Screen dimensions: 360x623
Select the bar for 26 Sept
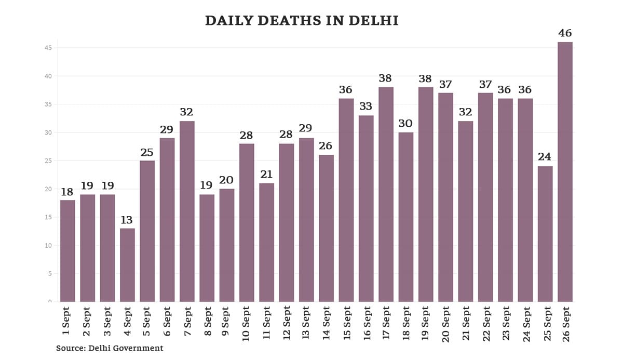point(565,171)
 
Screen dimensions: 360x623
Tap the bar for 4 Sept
point(127,265)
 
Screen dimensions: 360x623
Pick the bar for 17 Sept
point(386,194)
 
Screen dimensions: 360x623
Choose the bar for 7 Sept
point(187,211)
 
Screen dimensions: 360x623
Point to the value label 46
point(565,33)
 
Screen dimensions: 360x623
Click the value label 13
point(127,220)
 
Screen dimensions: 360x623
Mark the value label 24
point(545,157)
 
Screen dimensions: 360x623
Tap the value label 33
point(366,106)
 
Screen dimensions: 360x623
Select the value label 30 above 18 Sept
point(405,124)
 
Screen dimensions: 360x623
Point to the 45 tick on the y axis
point(48,48)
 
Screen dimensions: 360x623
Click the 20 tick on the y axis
point(48,189)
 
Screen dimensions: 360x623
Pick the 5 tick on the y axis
point(49,274)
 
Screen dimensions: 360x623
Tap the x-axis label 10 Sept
point(247,323)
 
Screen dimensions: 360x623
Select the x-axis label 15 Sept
point(346,323)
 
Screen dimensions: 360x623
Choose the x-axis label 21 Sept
point(466,323)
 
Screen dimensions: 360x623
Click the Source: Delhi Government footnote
point(110,348)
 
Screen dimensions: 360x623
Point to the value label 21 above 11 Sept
point(266,175)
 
